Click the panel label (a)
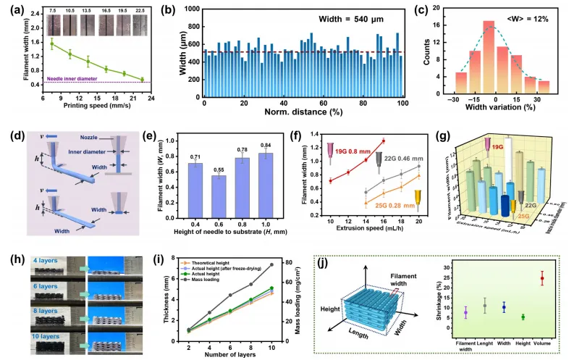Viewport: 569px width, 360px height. click(12, 12)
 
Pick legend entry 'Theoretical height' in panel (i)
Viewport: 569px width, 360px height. click(232, 256)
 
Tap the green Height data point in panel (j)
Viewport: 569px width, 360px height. click(523, 317)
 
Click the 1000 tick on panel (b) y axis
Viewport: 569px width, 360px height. click(193, 9)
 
